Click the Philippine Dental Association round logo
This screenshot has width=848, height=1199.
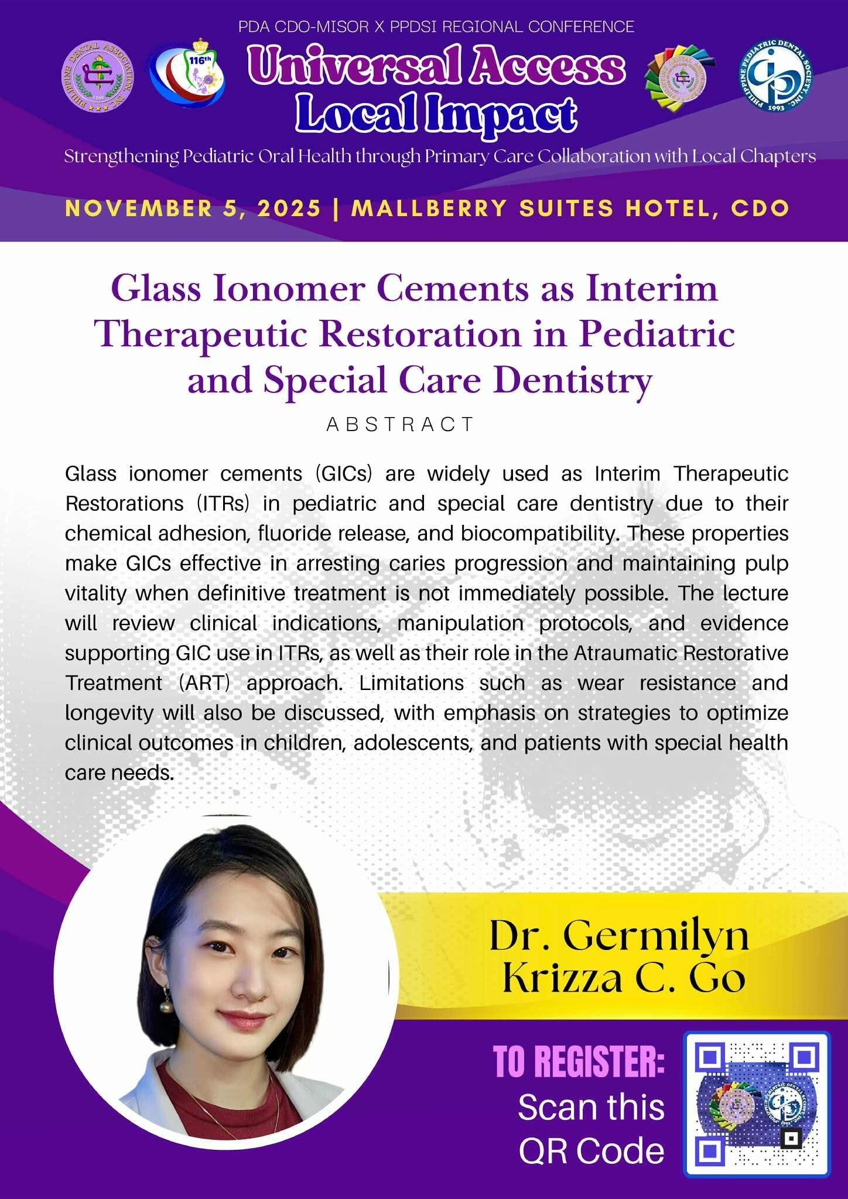(97, 74)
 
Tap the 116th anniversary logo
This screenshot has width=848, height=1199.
(187, 76)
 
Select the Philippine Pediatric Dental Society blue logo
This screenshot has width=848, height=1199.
(776, 74)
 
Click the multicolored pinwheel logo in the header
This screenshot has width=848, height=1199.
(679, 76)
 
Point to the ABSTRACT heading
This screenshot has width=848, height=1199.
(400, 424)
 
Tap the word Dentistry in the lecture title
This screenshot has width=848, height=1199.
(573, 381)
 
